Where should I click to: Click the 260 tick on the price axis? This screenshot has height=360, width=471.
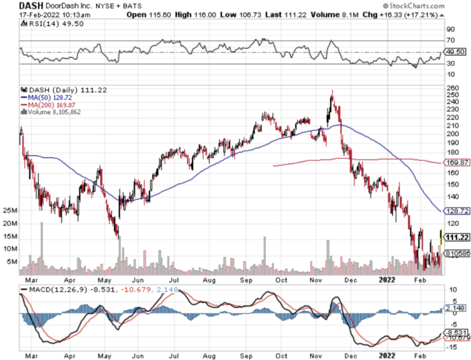click(454, 87)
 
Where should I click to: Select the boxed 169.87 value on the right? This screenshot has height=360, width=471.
click(458, 162)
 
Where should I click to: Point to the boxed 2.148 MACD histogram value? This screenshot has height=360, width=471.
click(457, 309)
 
